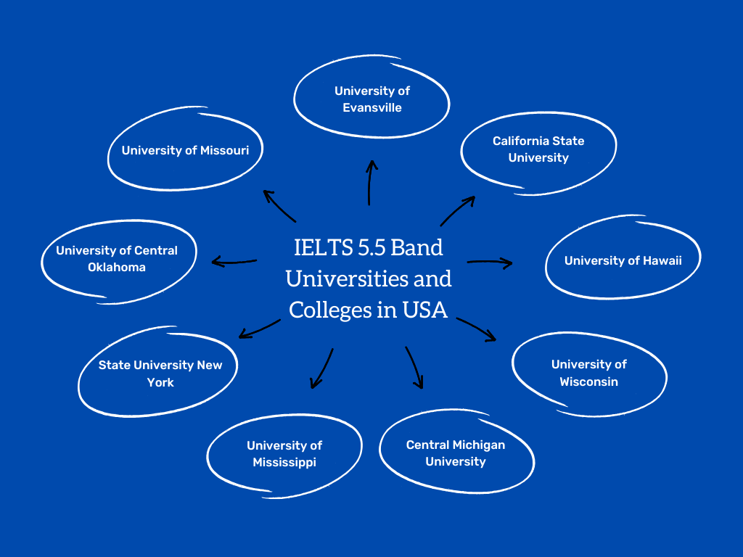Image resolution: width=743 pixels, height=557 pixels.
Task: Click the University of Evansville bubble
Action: (x=371, y=99)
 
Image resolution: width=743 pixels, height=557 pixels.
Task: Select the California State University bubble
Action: (x=538, y=149)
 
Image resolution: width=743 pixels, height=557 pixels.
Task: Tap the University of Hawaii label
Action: (x=623, y=260)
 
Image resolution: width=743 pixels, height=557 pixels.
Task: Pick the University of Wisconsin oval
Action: (x=588, y=373)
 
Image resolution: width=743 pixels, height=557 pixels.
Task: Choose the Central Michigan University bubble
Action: (x=455, y=453)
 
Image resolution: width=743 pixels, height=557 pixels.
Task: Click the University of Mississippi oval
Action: (x=284, y=454)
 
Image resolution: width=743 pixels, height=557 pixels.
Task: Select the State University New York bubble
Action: (x=160, y=374)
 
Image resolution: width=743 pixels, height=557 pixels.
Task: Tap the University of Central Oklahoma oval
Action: (x=117, y=259)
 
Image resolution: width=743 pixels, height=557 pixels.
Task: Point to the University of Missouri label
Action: (x=185, y=151)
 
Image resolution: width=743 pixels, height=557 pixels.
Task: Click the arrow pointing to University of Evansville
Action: (x=370, y=183)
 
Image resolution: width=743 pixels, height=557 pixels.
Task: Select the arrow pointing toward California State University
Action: (x=457, y=211)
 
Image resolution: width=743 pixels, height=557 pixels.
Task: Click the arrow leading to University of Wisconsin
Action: (x=476, y=329)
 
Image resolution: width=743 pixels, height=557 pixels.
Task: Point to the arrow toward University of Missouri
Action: (x=279, y=206)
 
